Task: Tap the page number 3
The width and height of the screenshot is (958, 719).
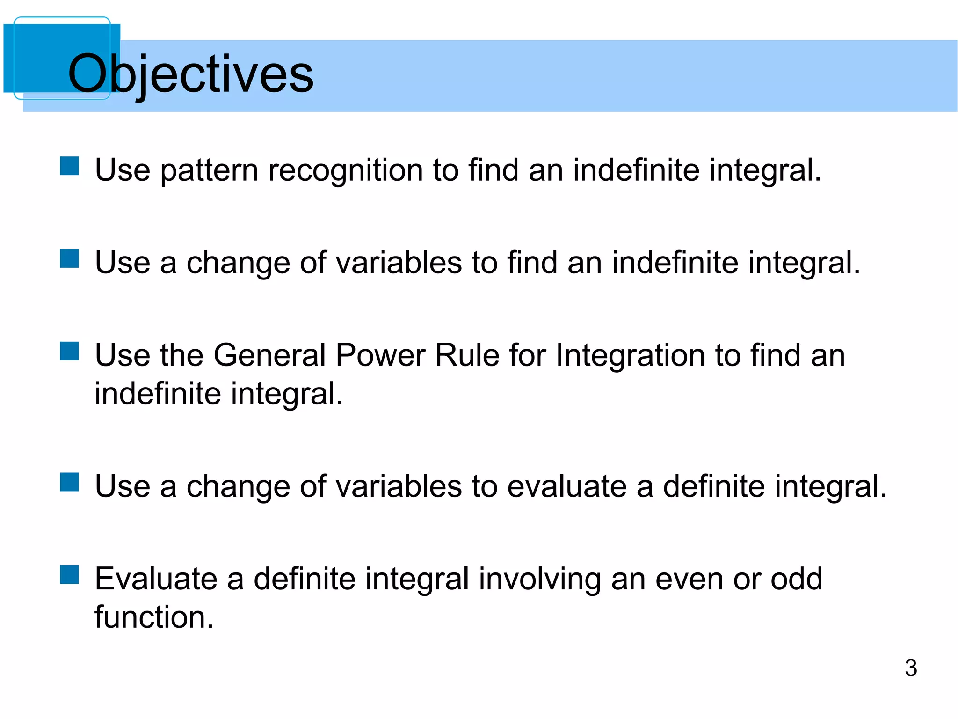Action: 910,668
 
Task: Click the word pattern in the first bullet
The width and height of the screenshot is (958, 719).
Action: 209,170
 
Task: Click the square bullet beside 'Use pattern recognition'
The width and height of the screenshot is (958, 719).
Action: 69,166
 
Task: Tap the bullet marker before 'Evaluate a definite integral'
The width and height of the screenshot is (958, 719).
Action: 69,574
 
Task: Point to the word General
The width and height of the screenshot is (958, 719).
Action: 269,355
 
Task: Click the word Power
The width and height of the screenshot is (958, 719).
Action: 380,355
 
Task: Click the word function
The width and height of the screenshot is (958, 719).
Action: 154,617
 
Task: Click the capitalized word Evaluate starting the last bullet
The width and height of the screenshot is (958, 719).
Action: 156,579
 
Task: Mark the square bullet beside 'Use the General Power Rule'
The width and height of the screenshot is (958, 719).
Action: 69,351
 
